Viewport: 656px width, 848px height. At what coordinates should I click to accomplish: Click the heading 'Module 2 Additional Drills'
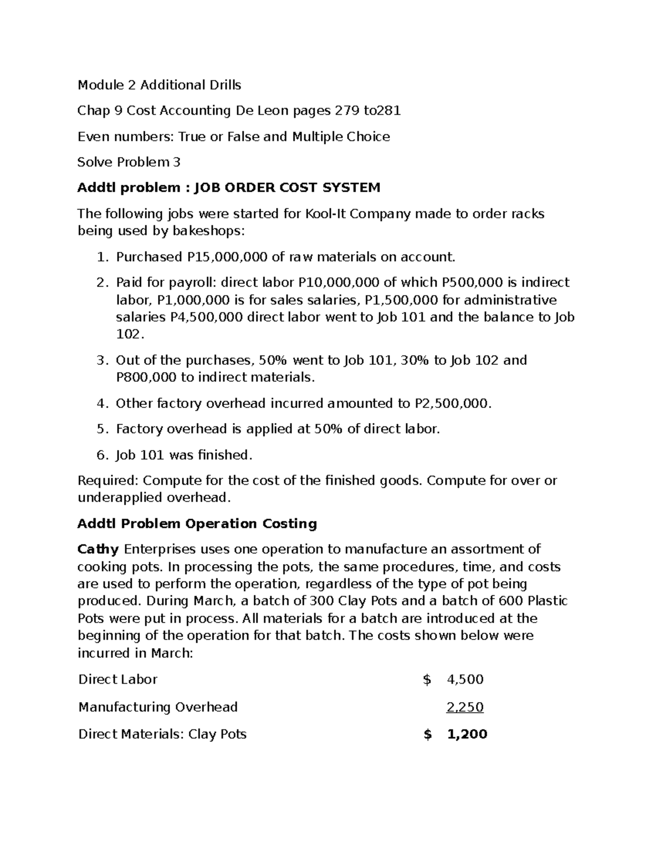(159, 85)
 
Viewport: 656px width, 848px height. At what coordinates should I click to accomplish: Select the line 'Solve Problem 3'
(129, 162)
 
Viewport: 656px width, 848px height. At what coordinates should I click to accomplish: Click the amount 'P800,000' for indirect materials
(146, 377)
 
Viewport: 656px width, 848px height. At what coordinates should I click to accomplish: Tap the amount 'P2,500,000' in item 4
(453, 404)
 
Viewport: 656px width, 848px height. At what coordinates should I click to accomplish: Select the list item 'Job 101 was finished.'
(184, 455)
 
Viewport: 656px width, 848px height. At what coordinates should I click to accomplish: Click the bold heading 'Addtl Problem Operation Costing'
(197, 524)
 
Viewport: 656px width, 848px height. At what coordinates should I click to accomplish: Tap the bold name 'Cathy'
(98, 549)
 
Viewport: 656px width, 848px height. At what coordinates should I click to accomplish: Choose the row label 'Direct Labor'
(118, 679)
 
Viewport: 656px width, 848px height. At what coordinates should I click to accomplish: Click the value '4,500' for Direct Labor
(465, 679)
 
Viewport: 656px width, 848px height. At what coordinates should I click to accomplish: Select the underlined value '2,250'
(465, 708)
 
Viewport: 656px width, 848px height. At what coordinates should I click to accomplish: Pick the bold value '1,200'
(467, 734)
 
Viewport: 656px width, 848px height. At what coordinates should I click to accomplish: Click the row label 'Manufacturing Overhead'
(158, 708)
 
